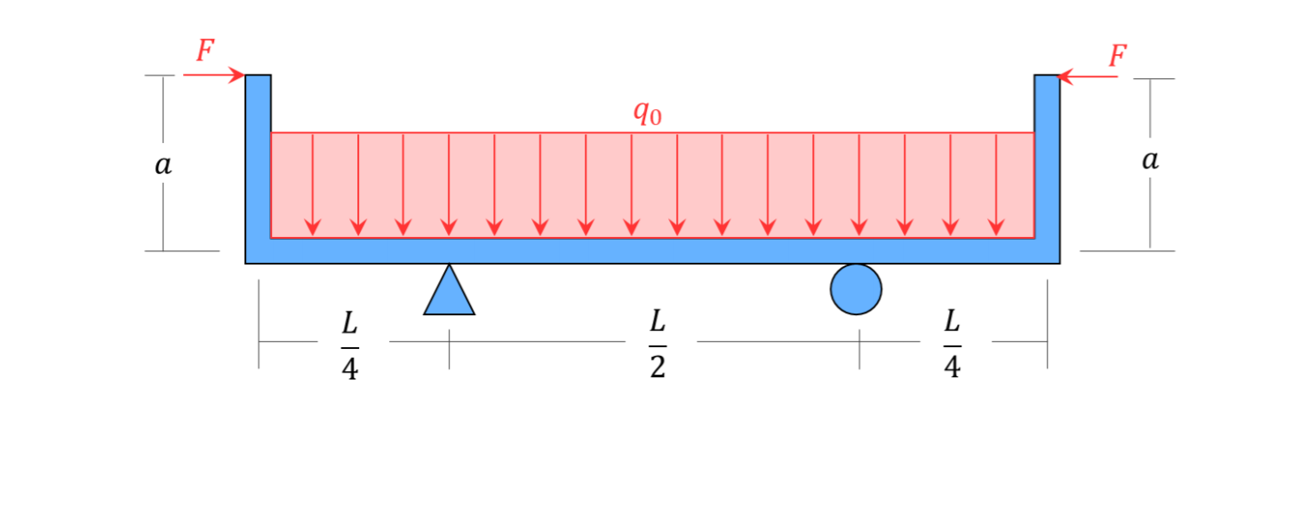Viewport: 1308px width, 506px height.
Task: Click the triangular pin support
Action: [449, 294]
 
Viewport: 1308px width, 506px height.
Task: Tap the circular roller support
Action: [856, 289]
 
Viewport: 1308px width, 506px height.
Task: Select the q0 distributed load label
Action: [647, 113]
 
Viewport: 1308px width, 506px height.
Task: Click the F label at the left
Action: [205, 51]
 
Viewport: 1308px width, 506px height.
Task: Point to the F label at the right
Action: [1117, 56]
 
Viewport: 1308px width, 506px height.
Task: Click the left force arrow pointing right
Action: [213, 75]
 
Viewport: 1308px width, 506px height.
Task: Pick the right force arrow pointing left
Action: [1089, 77]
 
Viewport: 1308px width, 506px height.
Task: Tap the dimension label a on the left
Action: [163, 165]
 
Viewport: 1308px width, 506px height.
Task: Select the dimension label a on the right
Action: [1151, 161]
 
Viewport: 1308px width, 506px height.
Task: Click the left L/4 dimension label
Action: [350, 344]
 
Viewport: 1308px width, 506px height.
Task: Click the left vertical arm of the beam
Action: [258, 160]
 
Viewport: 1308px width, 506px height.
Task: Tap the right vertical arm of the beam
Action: [1047, 160]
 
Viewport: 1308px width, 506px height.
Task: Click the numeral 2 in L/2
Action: [657, 368]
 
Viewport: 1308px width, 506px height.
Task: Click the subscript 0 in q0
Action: [655, 117]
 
